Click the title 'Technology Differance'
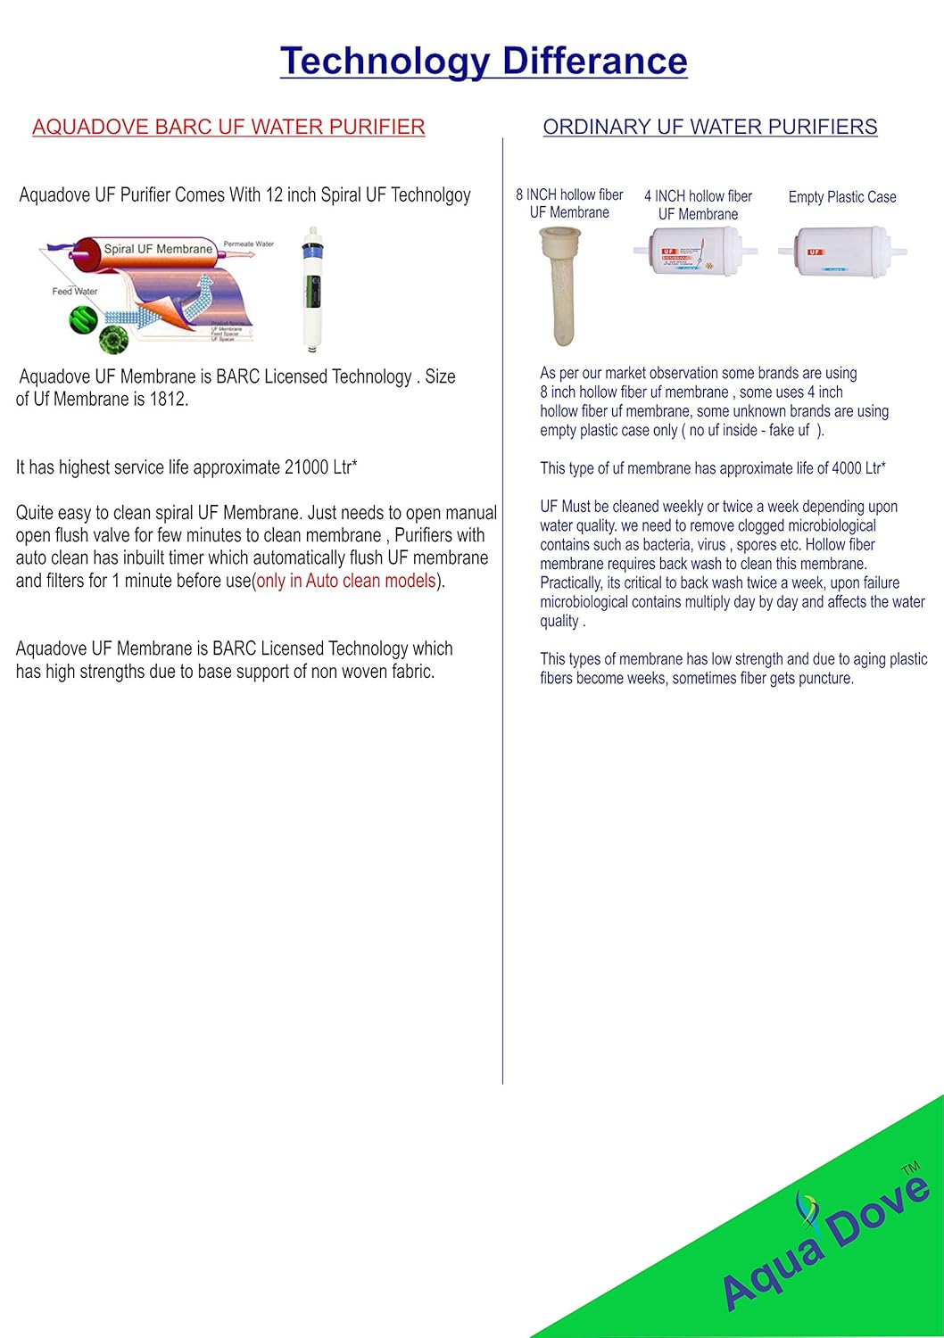coord(484,61)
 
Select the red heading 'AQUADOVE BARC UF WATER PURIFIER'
coord(228,127)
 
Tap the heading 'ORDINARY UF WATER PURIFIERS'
coord(710,127)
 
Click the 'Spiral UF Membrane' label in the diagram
coord(158,249)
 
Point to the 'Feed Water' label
coord(75,291)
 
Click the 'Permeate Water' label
coord(248,244)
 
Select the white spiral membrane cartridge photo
coord(311,287)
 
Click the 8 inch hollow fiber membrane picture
coord(560,285)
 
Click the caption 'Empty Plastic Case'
coord(842,197)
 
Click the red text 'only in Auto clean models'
coord(346,581)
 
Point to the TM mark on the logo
coord(910,1169)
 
